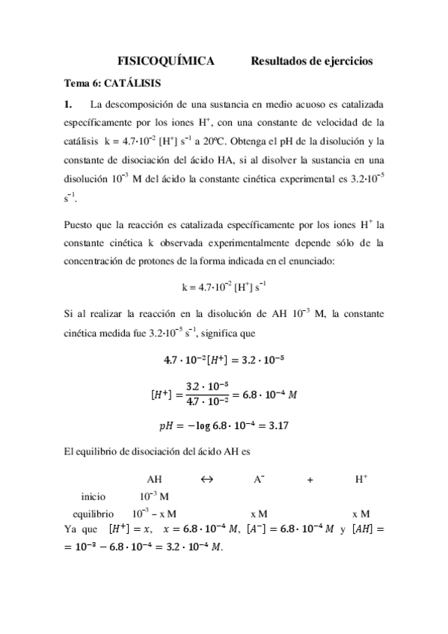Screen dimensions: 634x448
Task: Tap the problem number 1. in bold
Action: (68, 102)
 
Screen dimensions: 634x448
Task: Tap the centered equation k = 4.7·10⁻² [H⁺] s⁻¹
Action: (224, 286)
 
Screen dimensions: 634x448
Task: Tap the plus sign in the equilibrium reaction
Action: (310, 481)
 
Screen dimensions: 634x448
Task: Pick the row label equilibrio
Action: (93, 514)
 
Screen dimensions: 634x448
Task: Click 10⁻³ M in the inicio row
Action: (154, 496)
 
